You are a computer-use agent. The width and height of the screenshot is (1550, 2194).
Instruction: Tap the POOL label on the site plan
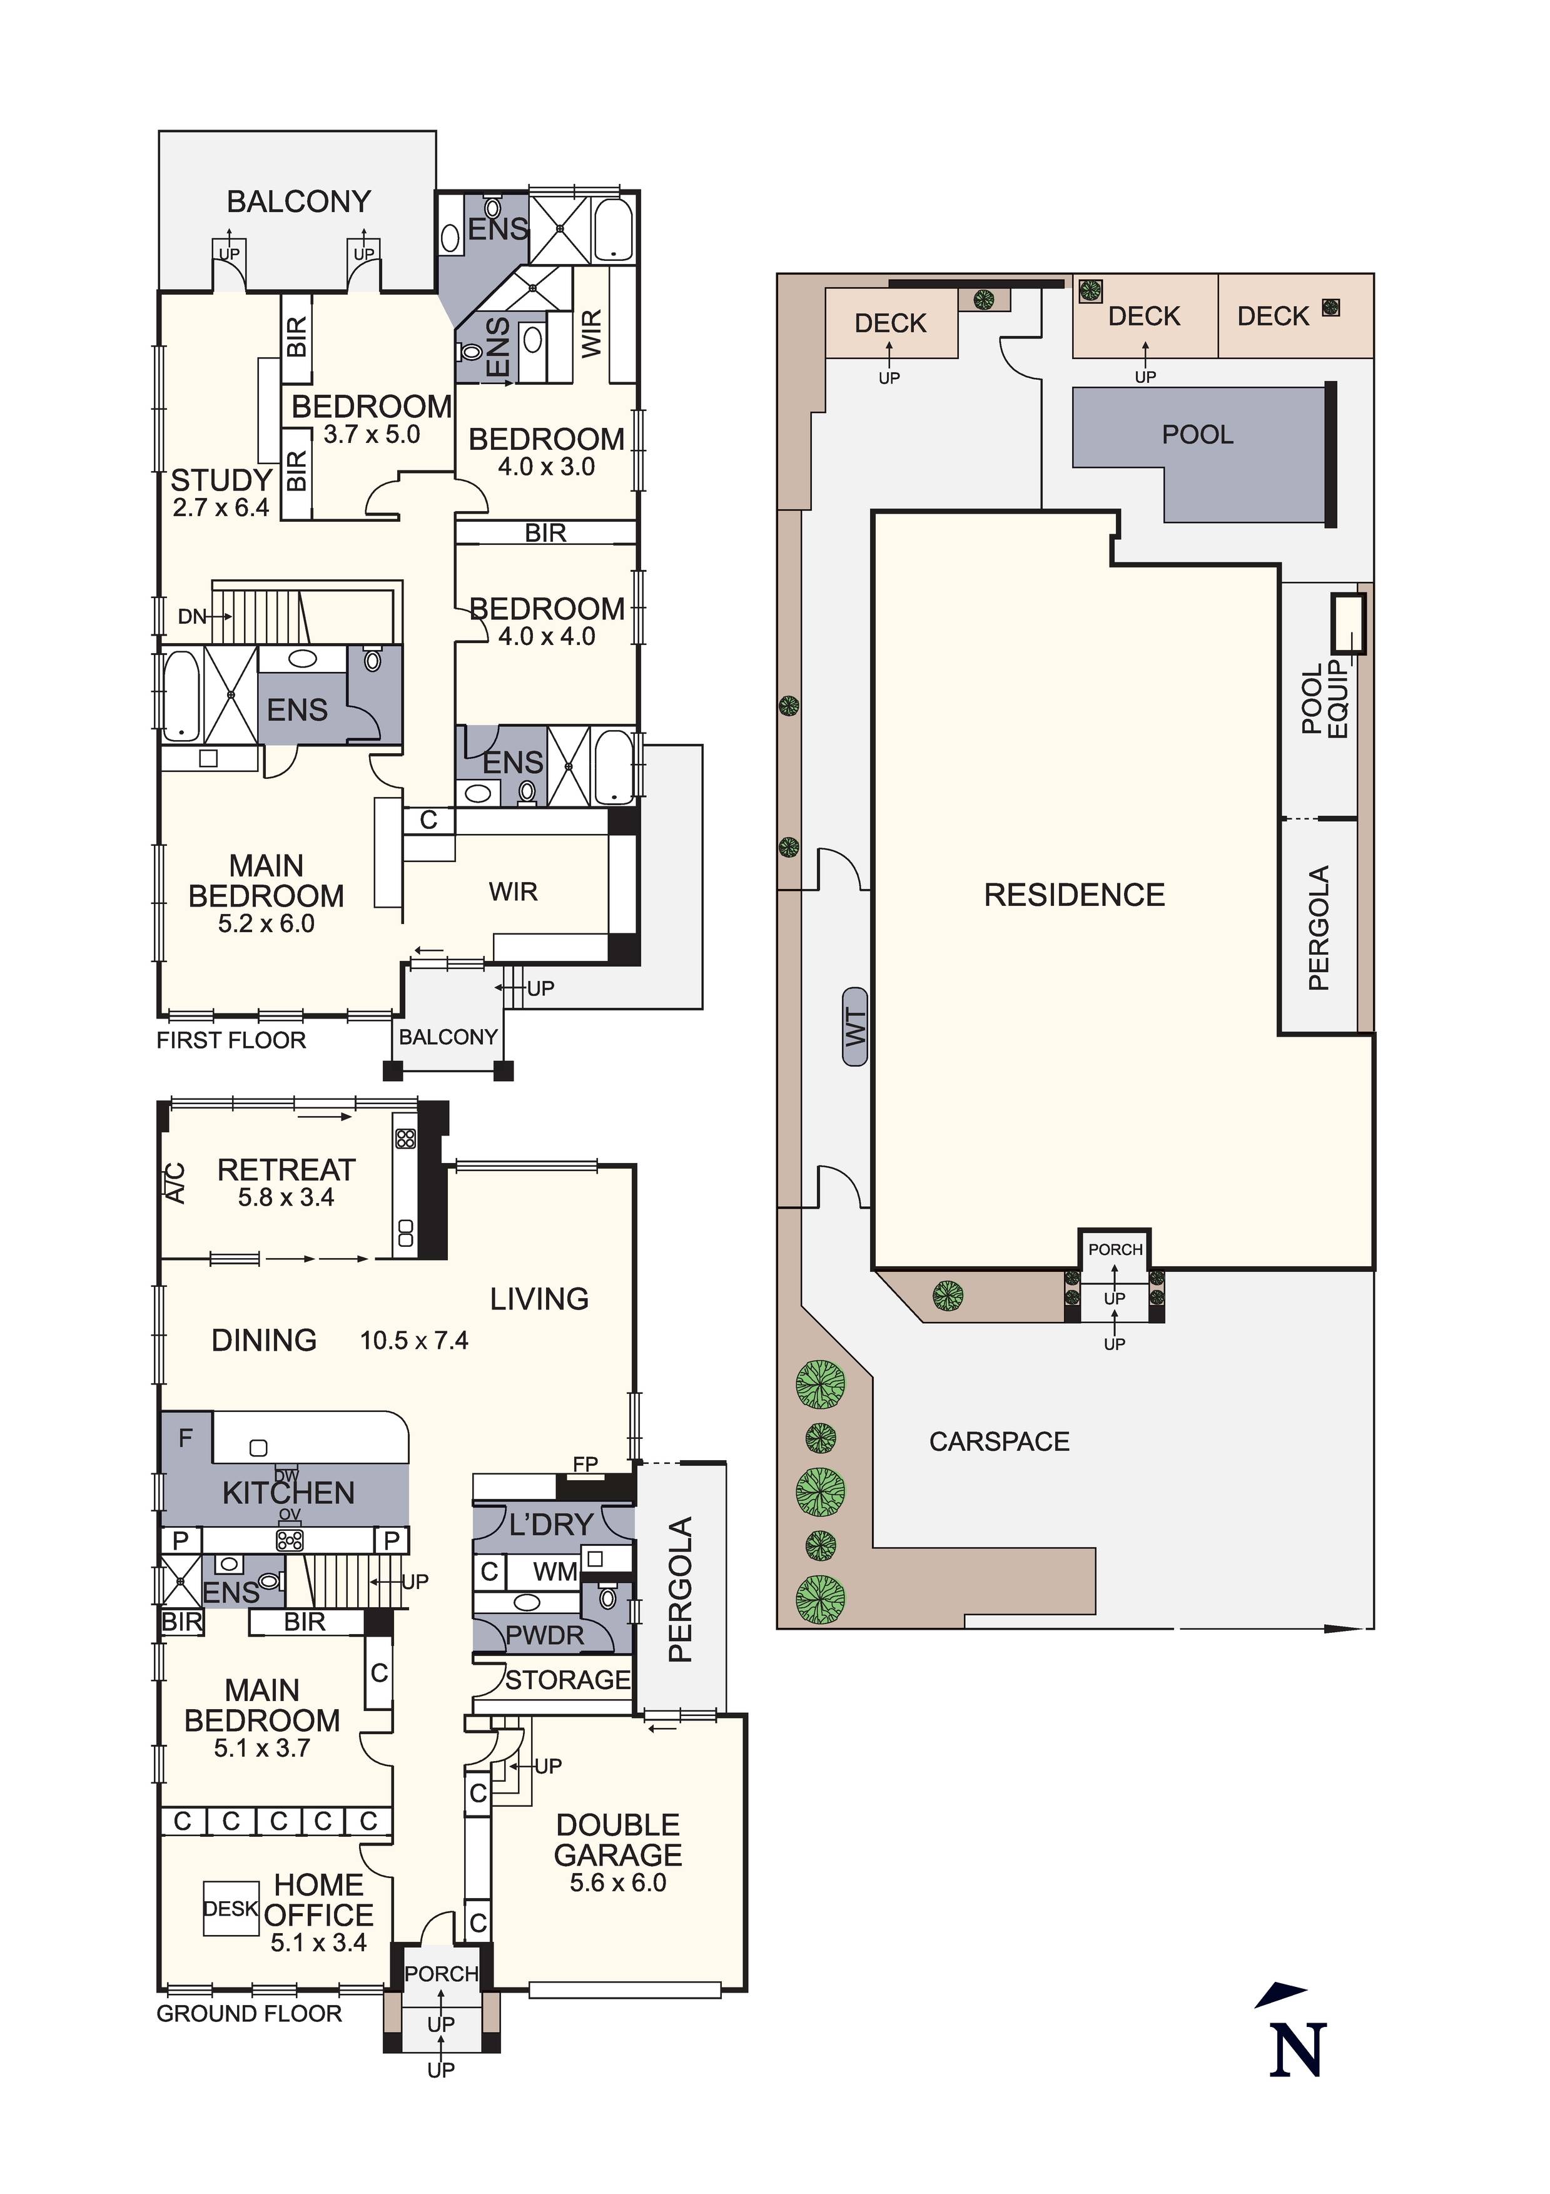click(x=1197, y=435)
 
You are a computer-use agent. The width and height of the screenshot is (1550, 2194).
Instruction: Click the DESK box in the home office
click(x=230, y=1908)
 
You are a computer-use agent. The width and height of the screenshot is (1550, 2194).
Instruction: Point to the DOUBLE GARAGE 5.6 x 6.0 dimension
click(x=618, y=1882)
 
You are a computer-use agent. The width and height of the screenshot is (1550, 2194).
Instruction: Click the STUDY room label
click(x=221, y=480)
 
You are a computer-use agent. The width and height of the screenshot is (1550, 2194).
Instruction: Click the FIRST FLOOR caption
click(x=231, y=1040)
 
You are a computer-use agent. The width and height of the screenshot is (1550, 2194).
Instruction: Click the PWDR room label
click(x=545, y=1636)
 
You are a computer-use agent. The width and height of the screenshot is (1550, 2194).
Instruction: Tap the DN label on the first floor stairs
click(x=192, y=616)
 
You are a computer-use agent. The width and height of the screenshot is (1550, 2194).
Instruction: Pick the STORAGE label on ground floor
click(x=567, y=1680)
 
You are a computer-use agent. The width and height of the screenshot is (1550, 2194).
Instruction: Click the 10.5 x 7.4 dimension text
click(x=414, y=1341)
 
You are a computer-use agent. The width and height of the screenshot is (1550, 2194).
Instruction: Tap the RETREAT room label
click(x=286, y=1170)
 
